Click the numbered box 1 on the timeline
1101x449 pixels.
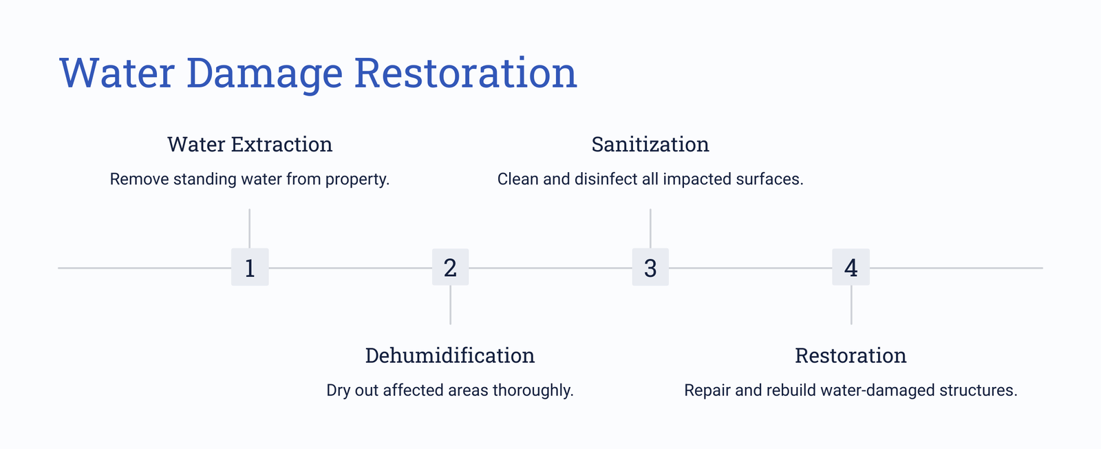[250, 267]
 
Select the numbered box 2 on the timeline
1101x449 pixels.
[450, 267]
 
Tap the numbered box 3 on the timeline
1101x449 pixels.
[650, 267]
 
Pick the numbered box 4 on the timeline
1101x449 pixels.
[851, 267]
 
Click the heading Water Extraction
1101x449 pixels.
[250, 145]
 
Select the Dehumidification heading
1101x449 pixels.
[450, 355]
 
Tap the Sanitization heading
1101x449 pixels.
[650, 145]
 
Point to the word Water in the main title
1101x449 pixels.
[117, 73]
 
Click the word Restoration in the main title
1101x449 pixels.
[465, 73]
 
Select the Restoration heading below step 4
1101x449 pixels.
[851, 355]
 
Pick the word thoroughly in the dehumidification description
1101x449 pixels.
[533, 390]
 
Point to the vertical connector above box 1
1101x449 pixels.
[250, 229]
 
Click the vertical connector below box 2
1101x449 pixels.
[450, 305]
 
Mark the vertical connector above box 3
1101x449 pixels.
[650, 229]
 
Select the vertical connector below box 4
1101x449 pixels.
[851, 305]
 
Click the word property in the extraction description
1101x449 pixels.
[357, 180]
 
